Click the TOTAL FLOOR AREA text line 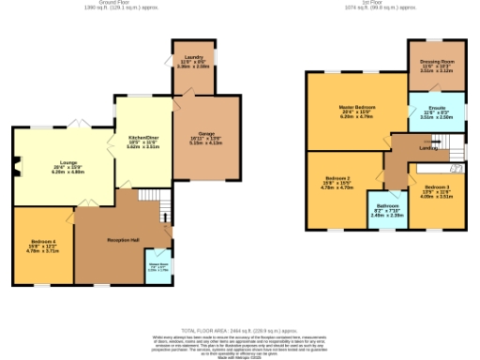click(x=239, y=331)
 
